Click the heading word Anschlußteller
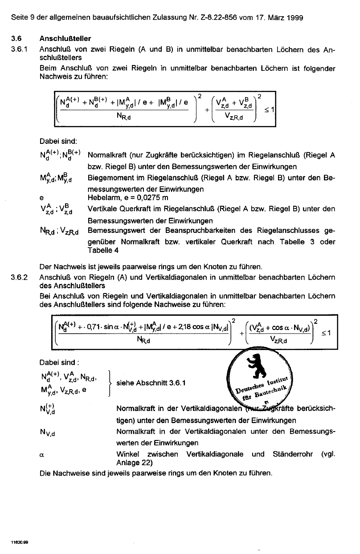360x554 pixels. (x=65, y=39)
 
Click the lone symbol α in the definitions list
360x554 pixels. (x=42, y=454)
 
